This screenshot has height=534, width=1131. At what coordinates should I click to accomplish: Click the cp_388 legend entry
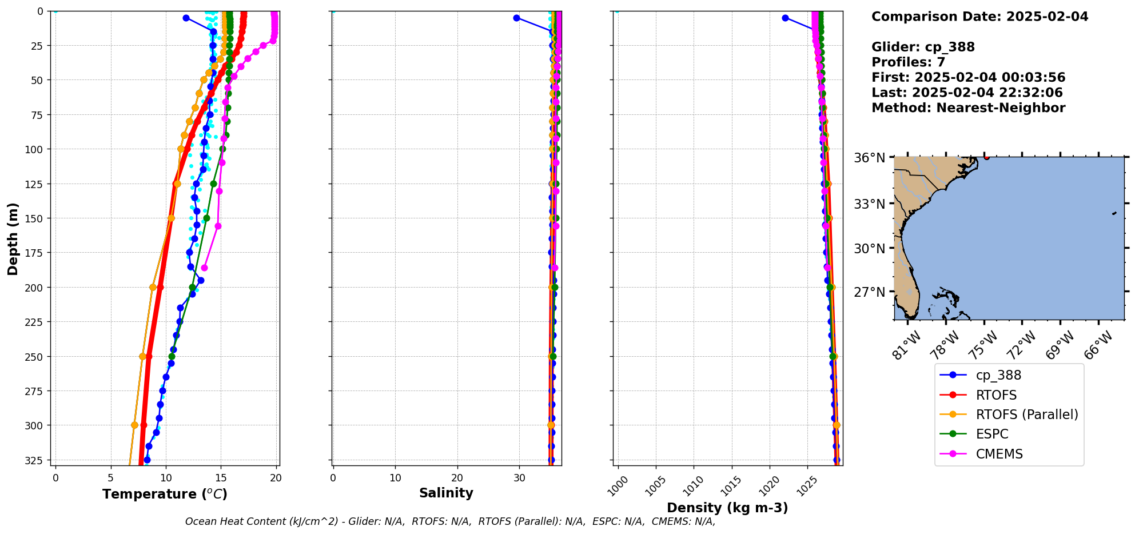[x=998, y=375]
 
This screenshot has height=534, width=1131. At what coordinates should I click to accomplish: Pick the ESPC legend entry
[x=991, y=434]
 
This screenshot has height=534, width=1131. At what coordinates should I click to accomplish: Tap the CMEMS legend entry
[x=999, y=454]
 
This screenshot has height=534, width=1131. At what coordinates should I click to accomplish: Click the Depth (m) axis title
[x=13, y=238]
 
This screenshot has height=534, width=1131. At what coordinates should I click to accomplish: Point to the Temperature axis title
[x=165, y=494]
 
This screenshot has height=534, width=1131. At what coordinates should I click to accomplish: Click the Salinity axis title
[x=446, y=493]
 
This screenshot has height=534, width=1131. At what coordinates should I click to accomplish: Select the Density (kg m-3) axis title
[x=727, y=508]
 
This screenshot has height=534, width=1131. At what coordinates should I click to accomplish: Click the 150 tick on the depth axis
[x=36, y=218]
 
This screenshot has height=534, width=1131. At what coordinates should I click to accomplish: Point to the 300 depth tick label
[x=36, y=425]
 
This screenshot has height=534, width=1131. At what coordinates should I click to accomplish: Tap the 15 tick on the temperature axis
[x=221, y=478]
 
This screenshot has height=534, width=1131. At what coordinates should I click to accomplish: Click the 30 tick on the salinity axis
[x=519, y=478]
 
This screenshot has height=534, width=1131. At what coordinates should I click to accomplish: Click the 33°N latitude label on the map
[x=869, y=204]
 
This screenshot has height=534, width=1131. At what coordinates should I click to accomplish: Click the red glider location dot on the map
[x=987, y=157]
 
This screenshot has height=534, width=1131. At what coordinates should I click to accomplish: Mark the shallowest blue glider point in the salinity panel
[x=516, y=18]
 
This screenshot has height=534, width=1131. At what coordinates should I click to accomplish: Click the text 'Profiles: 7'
[x=908, y=62]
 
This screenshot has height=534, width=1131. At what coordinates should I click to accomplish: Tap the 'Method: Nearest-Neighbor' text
[x=968, y=108]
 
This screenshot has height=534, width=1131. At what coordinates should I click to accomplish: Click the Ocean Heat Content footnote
[x=450, y=521]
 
